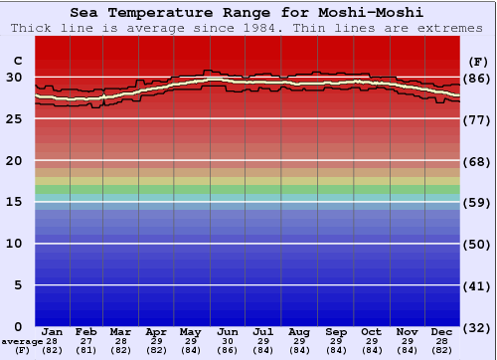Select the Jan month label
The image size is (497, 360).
click(x=53, y=331)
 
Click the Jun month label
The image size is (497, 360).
click(x=228, y=331)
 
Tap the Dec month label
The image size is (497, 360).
click(x=442, y=331)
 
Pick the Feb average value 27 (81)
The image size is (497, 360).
click(x=86, y=346)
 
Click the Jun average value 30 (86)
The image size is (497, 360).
click(x=228, y=346)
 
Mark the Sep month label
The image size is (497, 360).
click(x=335, y=331)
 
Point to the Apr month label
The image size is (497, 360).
click(x=156, y=331)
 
